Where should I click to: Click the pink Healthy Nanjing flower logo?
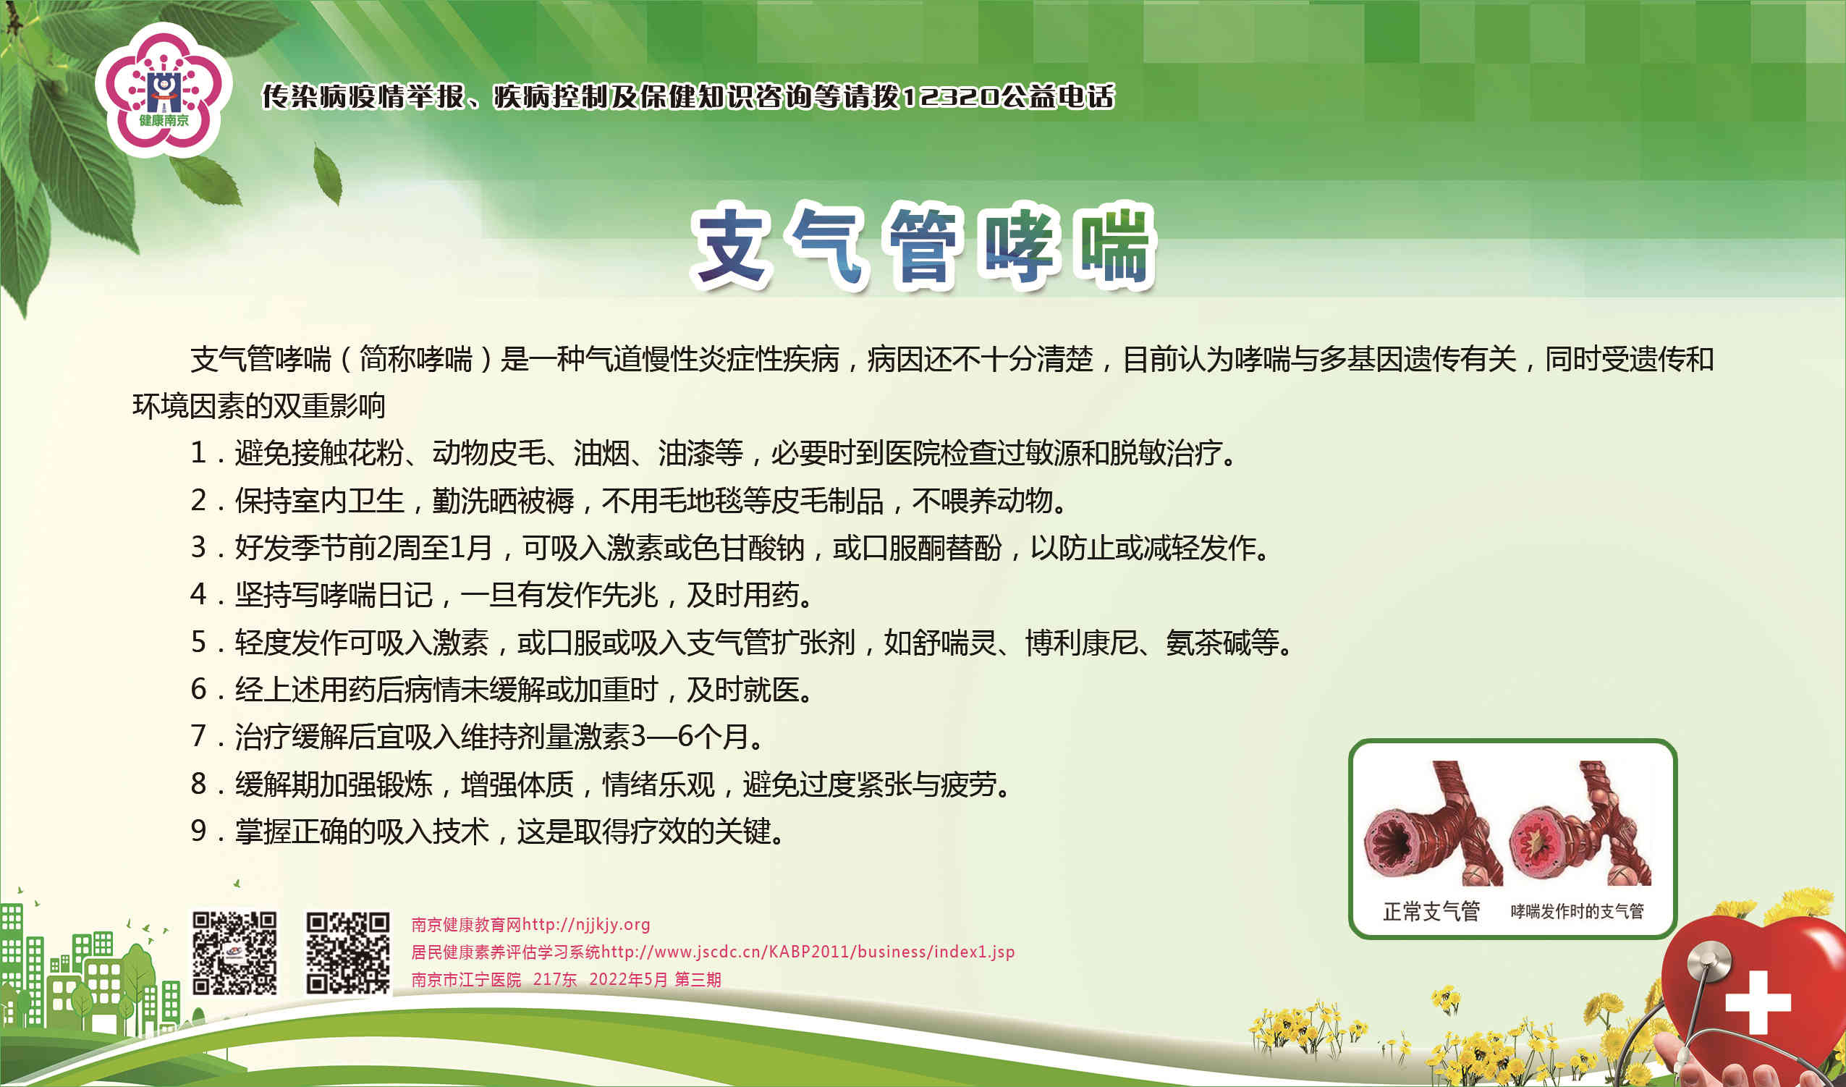pyautogui.click(x=164, y=90)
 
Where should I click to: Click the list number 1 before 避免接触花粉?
pyautogui.click(x=198, y=452)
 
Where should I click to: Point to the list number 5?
pyautogui.click(x=198, y=642)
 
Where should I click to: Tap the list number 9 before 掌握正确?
pyautogui.click(x=198, y=831)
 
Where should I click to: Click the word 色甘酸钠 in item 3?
pyautogui.click(x=749, y=548)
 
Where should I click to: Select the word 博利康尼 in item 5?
pyautogui.click(x=1081, y=643)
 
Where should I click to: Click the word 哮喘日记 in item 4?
pyautogui.click(x=376, y=595)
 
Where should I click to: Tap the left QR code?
pyautogui.click(x=234, y=953)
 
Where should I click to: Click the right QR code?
pyautogui.click(x=347, y=953)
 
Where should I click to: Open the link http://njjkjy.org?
pyautogui.click(x=586, y=924)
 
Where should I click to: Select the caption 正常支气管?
pyautogui.click(x=1431, y=911)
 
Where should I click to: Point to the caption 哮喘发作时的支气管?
pyautogui.click(x=1577, y=911)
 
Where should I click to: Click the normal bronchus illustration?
pyautogui.click(x=1431, y=824)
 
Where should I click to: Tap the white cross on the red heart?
pyautogui.click(x=1758, y=1003)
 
